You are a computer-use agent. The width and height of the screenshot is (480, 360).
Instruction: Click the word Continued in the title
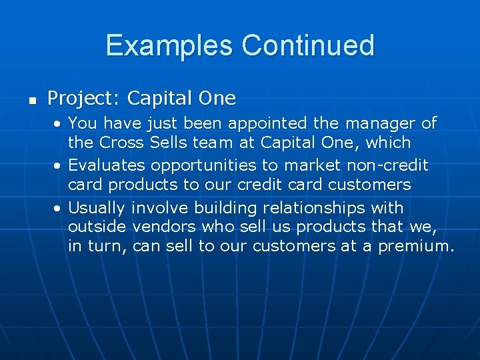coord(308,46)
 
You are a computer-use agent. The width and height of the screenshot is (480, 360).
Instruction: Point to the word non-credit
coord(387,165)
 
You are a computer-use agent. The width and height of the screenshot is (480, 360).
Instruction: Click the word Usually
coord(98,207)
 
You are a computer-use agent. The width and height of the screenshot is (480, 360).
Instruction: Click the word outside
coord(98,227)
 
